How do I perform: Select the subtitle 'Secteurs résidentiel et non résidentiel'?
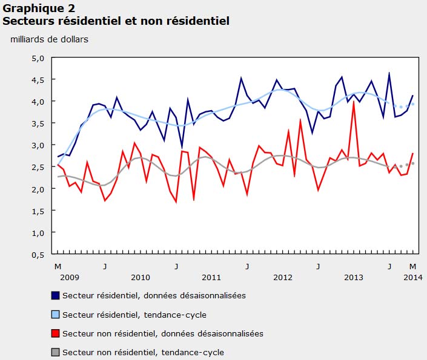[116, 21]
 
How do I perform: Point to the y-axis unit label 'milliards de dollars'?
[48, 40]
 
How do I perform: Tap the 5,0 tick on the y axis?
[39, 58]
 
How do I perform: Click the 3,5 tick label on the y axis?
[39, 123]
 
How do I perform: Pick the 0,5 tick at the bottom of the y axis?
[39, 254]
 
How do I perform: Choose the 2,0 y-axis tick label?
[39, 189]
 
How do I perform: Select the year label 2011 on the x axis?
[211, 277]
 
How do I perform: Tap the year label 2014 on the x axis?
[412, 277]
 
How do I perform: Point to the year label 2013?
[353, 277]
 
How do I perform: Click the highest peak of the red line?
[354, 102]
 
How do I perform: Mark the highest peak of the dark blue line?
[389, 73]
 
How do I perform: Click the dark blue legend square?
[56, 296]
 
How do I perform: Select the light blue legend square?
[56, 315]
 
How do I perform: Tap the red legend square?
[56, 333]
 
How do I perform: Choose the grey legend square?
[56, 352]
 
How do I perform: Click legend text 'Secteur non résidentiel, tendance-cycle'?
[143, 352]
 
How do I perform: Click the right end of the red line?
[412, 154]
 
